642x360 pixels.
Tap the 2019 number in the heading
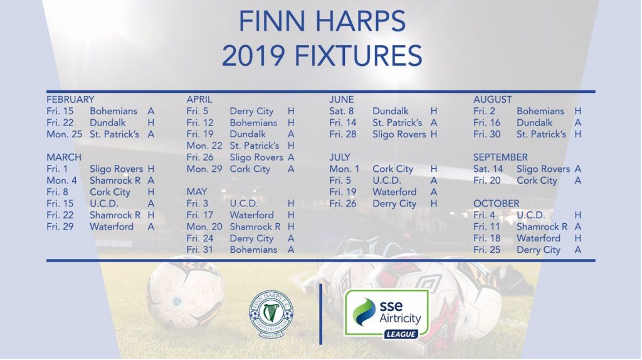coord(253,56)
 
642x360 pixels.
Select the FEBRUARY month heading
coord(70,100)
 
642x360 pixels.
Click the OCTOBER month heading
coord(497,204)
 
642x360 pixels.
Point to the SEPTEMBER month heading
coord(500,157)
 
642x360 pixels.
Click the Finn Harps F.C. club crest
coord(271,314)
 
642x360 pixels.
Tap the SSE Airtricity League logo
coord(386,315)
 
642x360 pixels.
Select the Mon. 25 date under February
coord(65,134)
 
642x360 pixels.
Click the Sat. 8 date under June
coord(342,111)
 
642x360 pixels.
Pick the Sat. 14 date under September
coord(488,169)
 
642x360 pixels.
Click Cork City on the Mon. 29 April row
coord(250,169)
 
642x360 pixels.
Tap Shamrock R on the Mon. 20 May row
coord(255,226)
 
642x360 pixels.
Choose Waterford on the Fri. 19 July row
coord(394,192)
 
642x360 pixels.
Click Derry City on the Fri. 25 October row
coord(538,250)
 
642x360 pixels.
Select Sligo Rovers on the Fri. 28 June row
coord(399,134)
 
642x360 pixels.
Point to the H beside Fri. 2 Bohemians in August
coord(577,111)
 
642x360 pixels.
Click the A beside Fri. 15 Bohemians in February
coord(151,111)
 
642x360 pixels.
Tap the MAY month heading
coord(196,192)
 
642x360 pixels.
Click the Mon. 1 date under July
coord(344,169)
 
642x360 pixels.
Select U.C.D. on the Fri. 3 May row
coord(244,204)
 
